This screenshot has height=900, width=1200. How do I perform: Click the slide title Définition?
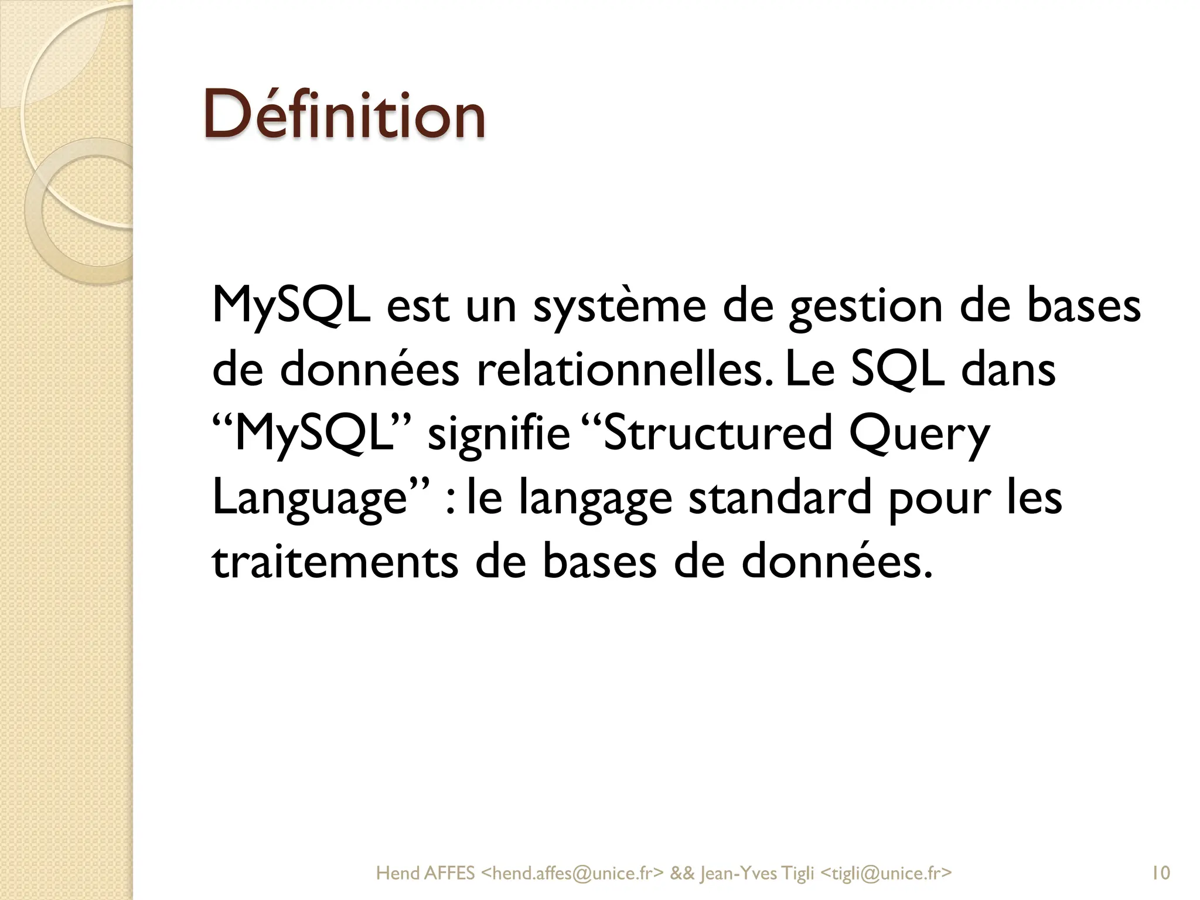tap(345, 114)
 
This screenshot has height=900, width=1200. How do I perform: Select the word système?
tap(619, 307)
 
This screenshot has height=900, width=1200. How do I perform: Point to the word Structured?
tap(717, 434)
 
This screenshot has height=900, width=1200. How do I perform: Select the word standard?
tap(780, 497)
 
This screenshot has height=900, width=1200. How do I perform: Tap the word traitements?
tap(335, 561)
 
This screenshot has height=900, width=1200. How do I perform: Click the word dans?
tap(1008, 370)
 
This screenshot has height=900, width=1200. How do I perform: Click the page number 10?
tap(1160, 873)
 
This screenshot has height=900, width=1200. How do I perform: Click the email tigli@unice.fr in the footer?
tap(885, 873)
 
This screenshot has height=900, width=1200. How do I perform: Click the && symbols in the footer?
tap(681, 873)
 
